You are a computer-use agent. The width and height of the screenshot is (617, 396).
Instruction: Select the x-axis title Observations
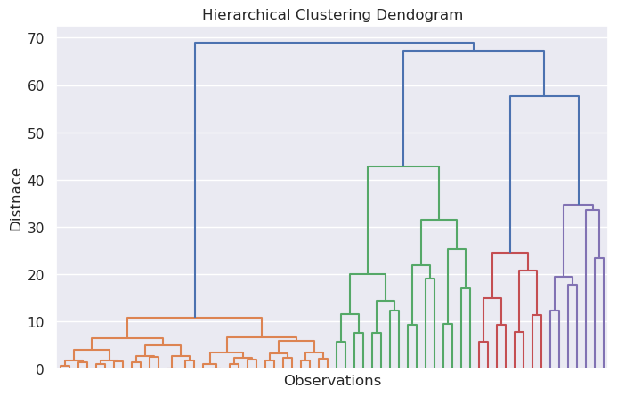332,381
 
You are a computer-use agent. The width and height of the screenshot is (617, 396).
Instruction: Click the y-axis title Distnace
16,198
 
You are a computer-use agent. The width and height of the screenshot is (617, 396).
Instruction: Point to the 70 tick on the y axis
36,38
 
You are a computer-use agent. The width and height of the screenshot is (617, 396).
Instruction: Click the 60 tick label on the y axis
36,85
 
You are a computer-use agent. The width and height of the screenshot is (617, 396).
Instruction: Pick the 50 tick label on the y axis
36,133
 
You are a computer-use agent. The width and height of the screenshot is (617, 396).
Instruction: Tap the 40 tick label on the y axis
36,180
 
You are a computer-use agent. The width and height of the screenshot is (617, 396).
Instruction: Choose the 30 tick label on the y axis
36,227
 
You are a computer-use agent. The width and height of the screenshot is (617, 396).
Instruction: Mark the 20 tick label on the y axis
36,274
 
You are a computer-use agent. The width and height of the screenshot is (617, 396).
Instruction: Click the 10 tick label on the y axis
36,321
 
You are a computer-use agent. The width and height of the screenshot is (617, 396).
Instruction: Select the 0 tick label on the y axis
40,368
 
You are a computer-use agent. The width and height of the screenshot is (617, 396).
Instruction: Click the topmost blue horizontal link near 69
334,43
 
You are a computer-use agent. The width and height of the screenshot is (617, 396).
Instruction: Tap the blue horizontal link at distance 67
474,51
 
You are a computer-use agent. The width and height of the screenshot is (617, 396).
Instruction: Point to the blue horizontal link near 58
544,96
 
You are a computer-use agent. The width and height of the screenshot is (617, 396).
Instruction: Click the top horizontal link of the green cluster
403,166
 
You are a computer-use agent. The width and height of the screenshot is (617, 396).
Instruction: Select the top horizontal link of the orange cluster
194,318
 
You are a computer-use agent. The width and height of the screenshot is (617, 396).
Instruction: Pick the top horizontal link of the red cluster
510,253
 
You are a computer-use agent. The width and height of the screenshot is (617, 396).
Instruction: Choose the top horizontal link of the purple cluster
578,205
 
